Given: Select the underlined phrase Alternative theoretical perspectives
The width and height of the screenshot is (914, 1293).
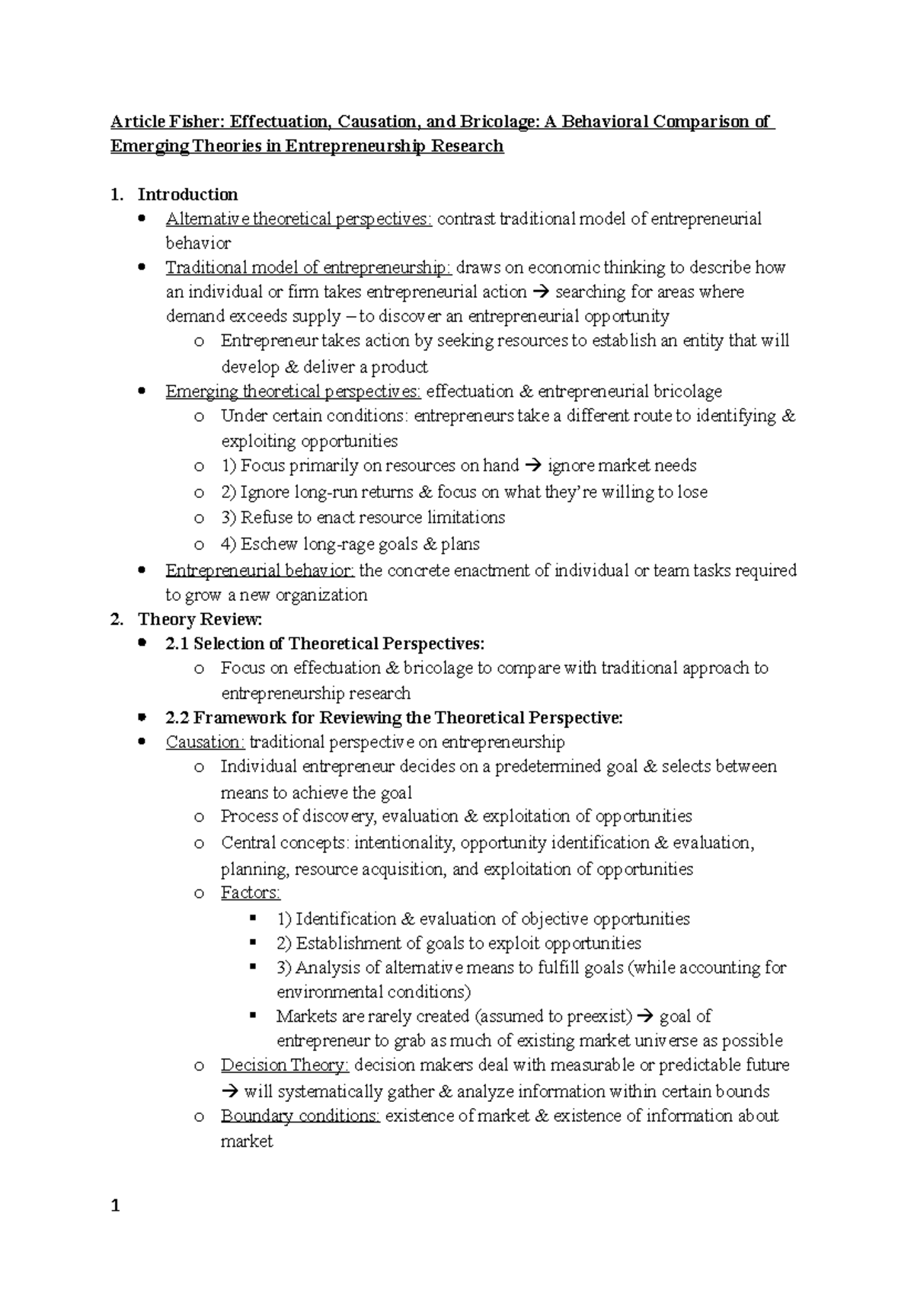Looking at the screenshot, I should pos(299,219).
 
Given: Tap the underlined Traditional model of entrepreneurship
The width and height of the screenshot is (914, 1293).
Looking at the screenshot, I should pos(308,268).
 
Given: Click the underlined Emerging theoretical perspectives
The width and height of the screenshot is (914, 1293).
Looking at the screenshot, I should pos(293,391).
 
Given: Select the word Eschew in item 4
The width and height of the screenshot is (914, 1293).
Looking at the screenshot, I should pos(270,544).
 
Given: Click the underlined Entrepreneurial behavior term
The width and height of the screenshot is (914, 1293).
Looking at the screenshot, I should pos(260,570).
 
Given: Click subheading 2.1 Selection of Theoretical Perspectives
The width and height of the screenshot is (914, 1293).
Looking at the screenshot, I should pos(324,643).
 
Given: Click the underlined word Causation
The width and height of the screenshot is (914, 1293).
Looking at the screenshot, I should pos(205,742).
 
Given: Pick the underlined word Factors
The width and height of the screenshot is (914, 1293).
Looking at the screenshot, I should pos(251,892).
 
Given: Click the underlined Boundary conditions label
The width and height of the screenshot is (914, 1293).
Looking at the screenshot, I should pos(300,1116).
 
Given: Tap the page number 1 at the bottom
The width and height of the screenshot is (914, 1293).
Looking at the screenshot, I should pos(116,1205).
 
